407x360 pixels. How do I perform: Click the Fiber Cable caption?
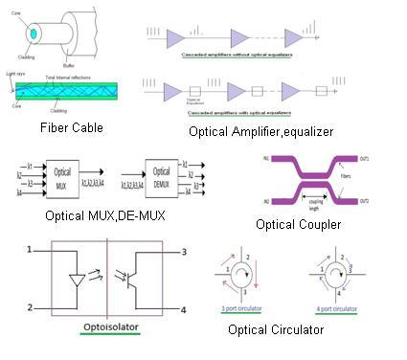(x=71, y=127)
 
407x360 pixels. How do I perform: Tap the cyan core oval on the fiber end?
(x=34, y=34)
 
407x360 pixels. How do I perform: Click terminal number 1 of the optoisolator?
(x=31, y=249)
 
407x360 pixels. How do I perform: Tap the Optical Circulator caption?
(x=276, y=330)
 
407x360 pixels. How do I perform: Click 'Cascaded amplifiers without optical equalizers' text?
(x=237, y=56)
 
